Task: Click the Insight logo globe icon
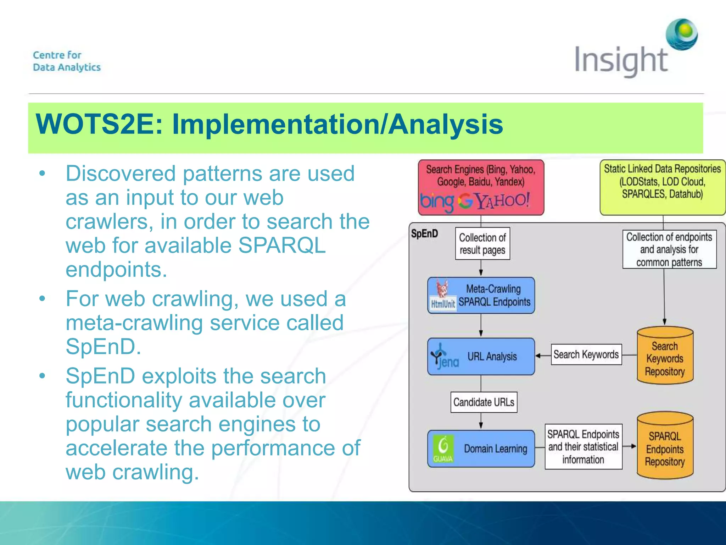point(681,35)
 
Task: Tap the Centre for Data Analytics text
point(67,61)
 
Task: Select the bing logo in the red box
point(437,202)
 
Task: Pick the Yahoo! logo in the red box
point(503,200)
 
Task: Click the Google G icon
point(465,201)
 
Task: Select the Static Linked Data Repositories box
point(662,187)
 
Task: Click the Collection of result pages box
point(482,243)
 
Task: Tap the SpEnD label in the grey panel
point(424,233)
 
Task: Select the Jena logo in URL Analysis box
point(444,357)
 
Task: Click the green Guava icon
point(443,448)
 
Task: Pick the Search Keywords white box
point(586,354)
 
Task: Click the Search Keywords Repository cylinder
point(665,356)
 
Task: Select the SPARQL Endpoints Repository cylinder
point(665,446)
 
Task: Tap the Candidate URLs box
point(484,402)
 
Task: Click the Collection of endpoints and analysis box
point(669,249)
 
